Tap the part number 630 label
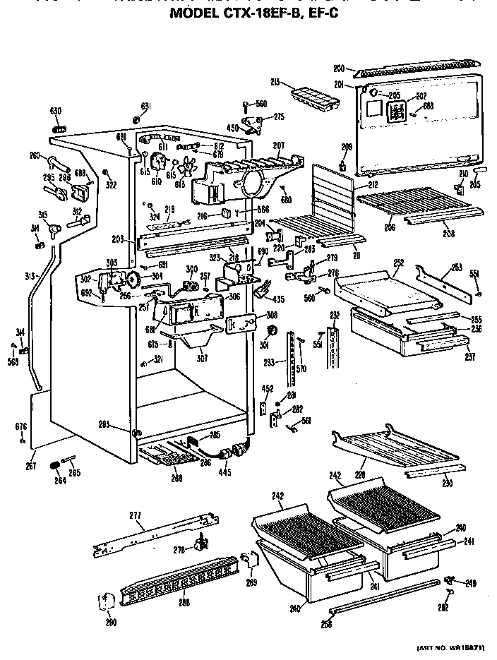tap(55, 111)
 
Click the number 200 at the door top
tap(339, 68)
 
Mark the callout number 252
tap(399, 262)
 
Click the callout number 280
tap(110, 622)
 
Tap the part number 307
tap(203, 357)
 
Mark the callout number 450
tap(232, 128)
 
